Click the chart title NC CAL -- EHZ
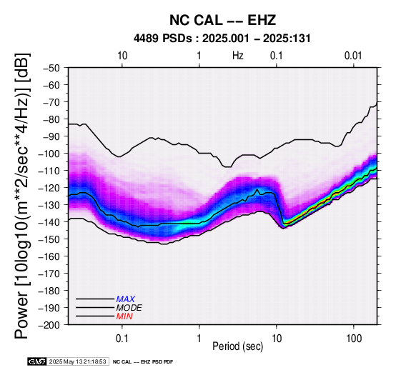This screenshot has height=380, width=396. coord(222,20)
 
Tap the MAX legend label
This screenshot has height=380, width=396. coord(126,299)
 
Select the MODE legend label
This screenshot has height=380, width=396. coord(129,308)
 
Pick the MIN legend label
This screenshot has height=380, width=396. coord(124,316)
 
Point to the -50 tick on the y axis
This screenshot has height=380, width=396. coord(51,68)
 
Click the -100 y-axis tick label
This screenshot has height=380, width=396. coord(49,154)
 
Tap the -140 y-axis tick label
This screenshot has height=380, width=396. coord(49,222)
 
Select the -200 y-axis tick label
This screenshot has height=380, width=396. coord(49,325)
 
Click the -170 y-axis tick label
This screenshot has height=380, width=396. coord(49,274)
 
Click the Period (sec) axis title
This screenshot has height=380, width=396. coord(237,346)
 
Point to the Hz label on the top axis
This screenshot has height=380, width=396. coord(237,56)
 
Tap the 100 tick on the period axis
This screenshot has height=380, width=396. coord(354,339)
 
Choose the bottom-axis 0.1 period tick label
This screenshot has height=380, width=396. coord(122,339)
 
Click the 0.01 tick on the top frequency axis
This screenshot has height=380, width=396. coord(353,56)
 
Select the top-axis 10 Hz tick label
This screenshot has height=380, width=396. coord(122,56)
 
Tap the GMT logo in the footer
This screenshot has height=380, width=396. coord(37,362)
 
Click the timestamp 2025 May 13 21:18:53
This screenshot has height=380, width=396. coord(77,362)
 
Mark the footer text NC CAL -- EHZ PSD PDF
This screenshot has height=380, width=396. coord(143,362)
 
